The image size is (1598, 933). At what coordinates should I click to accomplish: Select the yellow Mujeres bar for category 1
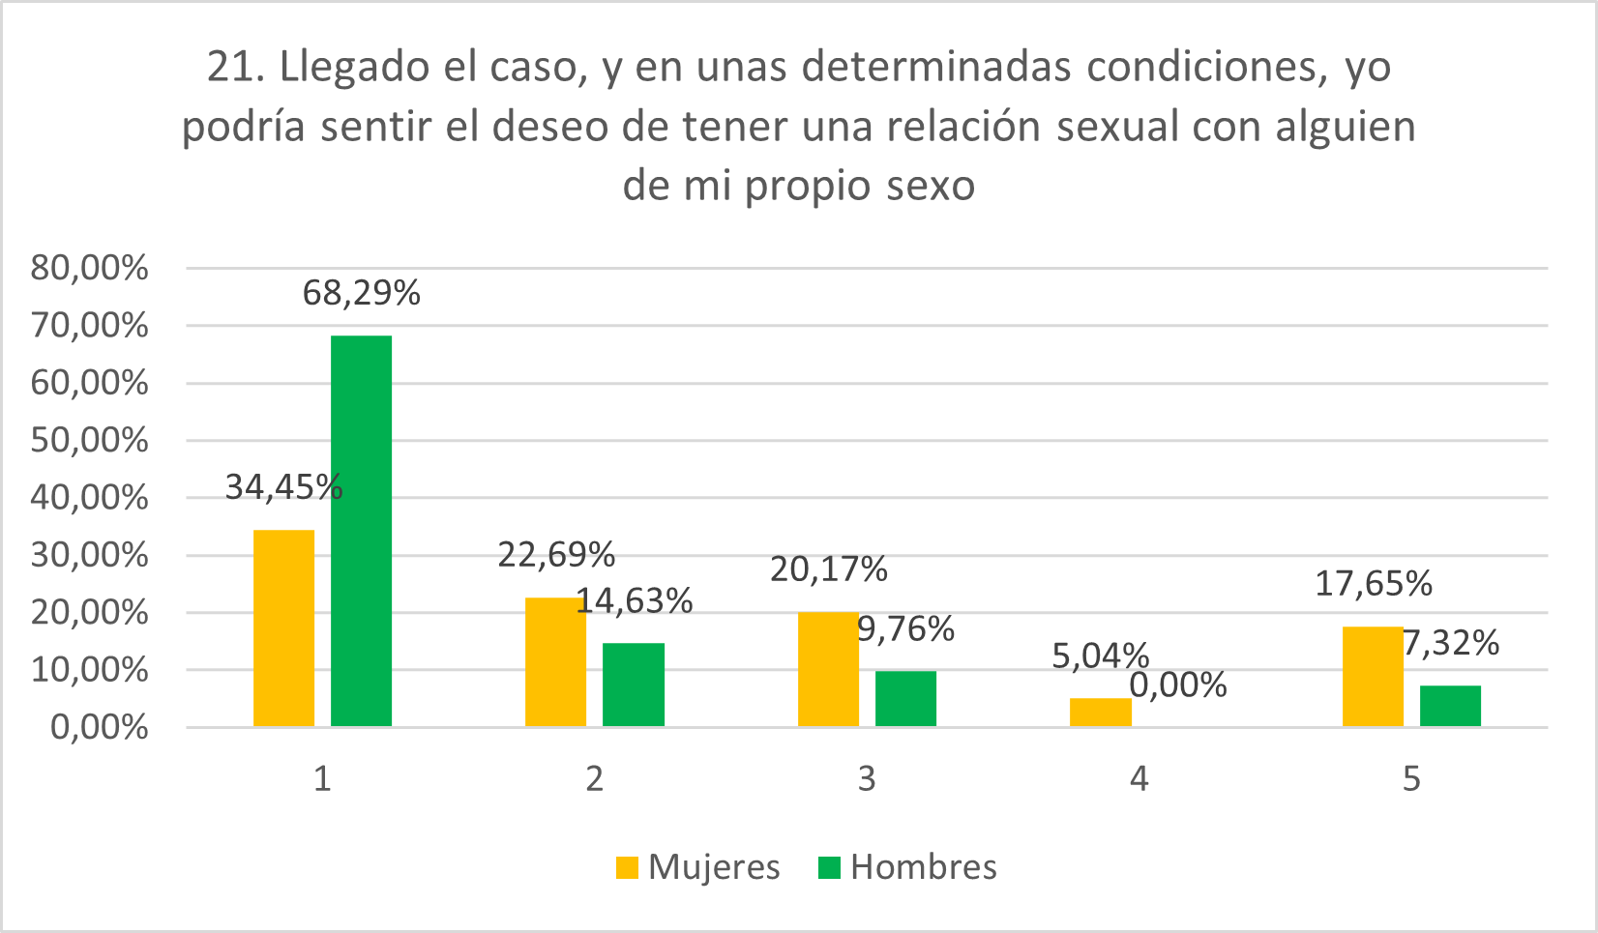tap(283, 627)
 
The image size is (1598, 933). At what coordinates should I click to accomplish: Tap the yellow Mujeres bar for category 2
tap(555, 661)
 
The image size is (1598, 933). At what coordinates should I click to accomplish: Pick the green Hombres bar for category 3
tap(905, 698)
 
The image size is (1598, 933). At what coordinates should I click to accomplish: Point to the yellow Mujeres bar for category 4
tap(1100, 712)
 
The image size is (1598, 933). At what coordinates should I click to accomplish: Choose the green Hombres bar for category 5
tap(1450, 705)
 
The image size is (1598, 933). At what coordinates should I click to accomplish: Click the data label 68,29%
tap(361, 292)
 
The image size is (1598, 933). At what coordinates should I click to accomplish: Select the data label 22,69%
tap(556, 554)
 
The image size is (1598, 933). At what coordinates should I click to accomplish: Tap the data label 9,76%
tap(906, 629)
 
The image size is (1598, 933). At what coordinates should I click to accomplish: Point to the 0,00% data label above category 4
tap(1178, 685)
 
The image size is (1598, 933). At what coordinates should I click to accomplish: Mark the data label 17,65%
tap(1373, 583)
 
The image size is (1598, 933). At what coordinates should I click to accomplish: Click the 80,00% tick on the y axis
tap(89, 268)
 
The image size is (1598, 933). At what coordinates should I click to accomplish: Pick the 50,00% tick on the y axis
tap(89, 441)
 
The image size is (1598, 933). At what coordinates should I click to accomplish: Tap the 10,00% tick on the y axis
tap(89, 670)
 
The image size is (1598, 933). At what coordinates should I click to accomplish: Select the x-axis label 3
tap(867, 778)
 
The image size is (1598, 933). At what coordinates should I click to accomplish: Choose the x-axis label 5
tap(1411, 778)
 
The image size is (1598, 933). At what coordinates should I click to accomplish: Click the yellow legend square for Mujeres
tap(627, 867)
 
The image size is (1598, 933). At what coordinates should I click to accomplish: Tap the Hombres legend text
tap(923, 867)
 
